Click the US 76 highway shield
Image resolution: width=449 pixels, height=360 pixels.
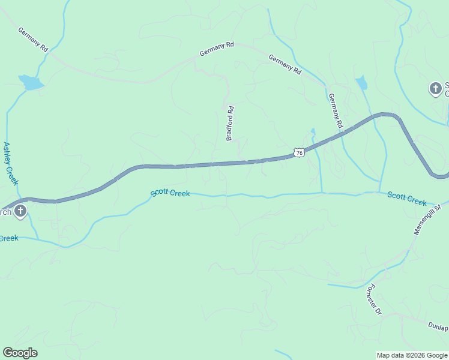[299, 153]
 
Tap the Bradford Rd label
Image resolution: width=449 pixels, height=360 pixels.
[229, 123]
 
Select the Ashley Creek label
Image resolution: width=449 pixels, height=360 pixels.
[11, 163]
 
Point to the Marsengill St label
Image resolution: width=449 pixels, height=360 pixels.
[427, 218]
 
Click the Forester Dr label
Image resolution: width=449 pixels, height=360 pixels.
[373, 299]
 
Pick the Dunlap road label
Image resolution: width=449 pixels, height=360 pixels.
[438, 326]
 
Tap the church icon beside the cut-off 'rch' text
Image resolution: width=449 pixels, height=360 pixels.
[20, 211]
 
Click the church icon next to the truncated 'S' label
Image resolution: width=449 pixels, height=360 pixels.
[435, 89]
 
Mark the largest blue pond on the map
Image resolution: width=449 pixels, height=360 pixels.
[31, 82]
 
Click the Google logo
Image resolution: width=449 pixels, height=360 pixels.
[20, 353]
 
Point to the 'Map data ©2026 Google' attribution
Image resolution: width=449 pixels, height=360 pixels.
[412, 355]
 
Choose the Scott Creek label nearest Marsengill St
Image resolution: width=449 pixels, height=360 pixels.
[406, 199]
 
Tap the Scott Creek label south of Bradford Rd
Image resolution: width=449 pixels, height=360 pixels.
[170, 193]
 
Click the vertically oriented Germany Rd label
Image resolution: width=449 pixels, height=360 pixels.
[335, 111]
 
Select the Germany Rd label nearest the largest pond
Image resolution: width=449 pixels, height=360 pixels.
[32, 38]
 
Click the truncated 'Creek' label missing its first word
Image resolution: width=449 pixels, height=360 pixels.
[8, 238]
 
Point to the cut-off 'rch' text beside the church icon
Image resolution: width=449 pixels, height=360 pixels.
[5, 212]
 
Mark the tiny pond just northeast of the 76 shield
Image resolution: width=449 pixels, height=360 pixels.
[312, 131]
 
